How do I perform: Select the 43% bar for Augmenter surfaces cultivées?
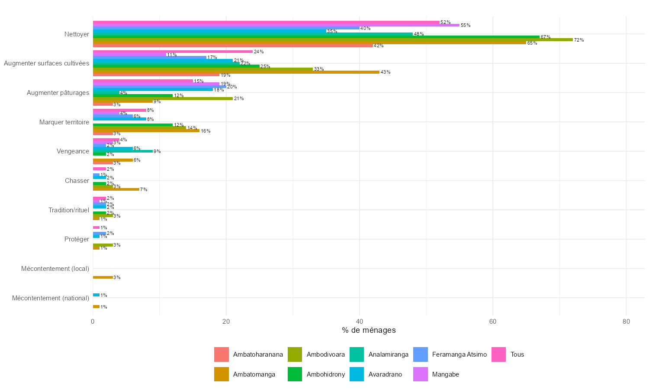click(x=236, y=72)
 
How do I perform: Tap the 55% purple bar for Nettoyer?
click(x=276, y=25)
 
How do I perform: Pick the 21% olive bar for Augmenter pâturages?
click(x=163, y=98)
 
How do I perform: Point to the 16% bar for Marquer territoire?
click(x=146, y=131)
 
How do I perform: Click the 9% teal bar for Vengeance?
click(x=123, y=151)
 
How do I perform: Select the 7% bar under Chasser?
click(x=116, y=189)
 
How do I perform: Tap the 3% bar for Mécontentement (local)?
click(x=103, y=277)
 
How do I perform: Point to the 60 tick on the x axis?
click(x=492, y=322)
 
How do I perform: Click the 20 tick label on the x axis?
click(x=226, y=322)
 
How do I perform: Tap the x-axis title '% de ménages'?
click(x=369, y=331)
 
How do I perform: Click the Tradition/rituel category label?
click(x=69, y=210)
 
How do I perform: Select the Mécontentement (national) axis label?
click(x=51, y=298)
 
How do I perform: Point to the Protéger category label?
click(x=77, y=239)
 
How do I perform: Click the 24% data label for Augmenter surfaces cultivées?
click(x=259, y=52)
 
